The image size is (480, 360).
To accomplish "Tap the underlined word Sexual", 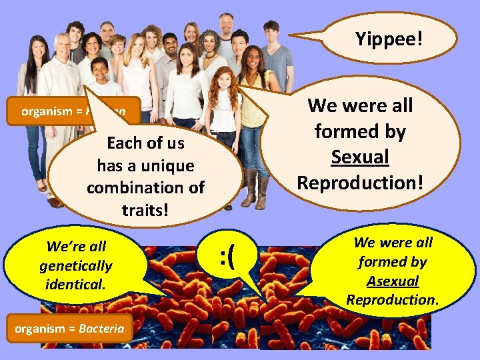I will point(360,157).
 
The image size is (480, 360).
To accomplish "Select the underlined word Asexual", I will point(393,281).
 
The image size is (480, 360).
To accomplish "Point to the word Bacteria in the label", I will point(101,329).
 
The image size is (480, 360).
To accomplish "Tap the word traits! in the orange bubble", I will point(145,211).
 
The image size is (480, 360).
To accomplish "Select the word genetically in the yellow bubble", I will point(75,265).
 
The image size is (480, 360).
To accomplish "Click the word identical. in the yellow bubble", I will point(75,285).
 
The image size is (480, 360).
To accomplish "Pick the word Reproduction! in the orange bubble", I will point(360,182).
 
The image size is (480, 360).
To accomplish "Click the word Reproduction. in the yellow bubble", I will point(393,300).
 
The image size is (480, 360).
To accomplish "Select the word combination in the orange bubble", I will point(145,188).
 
